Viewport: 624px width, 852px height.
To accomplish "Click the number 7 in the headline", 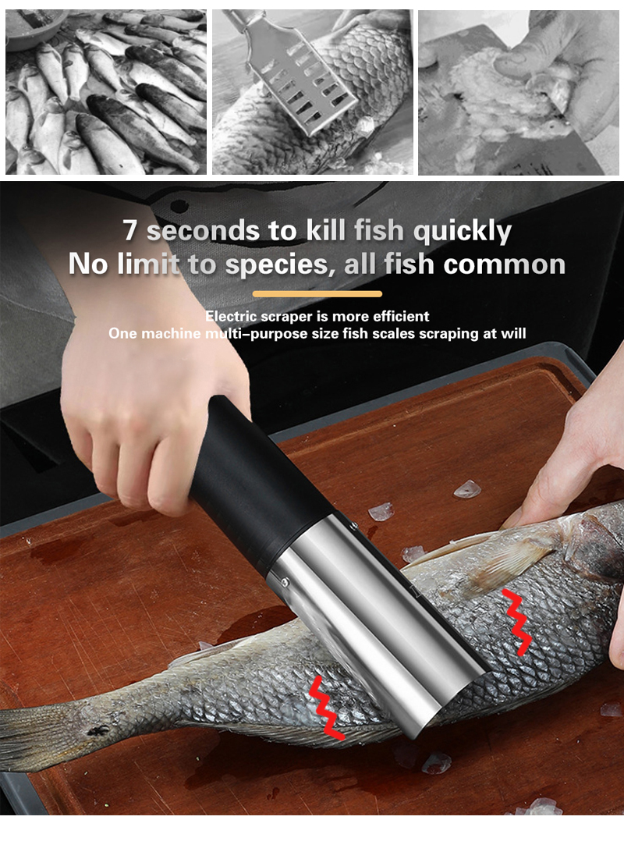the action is point(129,229).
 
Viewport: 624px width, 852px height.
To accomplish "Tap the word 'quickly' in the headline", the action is point(463,232).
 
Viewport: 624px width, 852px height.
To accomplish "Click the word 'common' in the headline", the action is point(505,264).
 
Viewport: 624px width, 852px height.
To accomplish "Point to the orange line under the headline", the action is point(317,294).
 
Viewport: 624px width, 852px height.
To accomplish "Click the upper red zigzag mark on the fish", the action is point(516,622).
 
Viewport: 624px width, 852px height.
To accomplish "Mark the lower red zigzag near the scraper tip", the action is point(327,708).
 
